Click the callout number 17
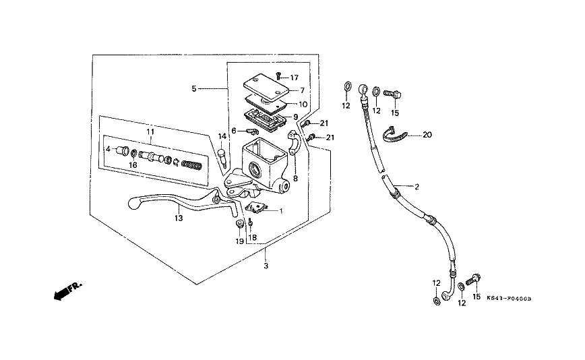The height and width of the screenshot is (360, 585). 294,78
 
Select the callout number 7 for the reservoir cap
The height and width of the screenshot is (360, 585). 303,90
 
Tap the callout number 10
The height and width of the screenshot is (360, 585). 303,104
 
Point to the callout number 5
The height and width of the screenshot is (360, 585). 193,88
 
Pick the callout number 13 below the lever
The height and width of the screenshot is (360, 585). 179,218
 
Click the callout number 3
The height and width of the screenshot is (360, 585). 266,267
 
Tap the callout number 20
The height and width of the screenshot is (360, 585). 427,134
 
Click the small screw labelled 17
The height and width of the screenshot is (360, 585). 278,78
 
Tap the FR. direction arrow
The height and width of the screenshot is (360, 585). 65,291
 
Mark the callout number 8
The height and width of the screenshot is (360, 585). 295,178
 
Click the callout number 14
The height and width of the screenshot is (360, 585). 222,137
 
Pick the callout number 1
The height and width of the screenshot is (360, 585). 280,211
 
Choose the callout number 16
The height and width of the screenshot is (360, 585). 133,164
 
